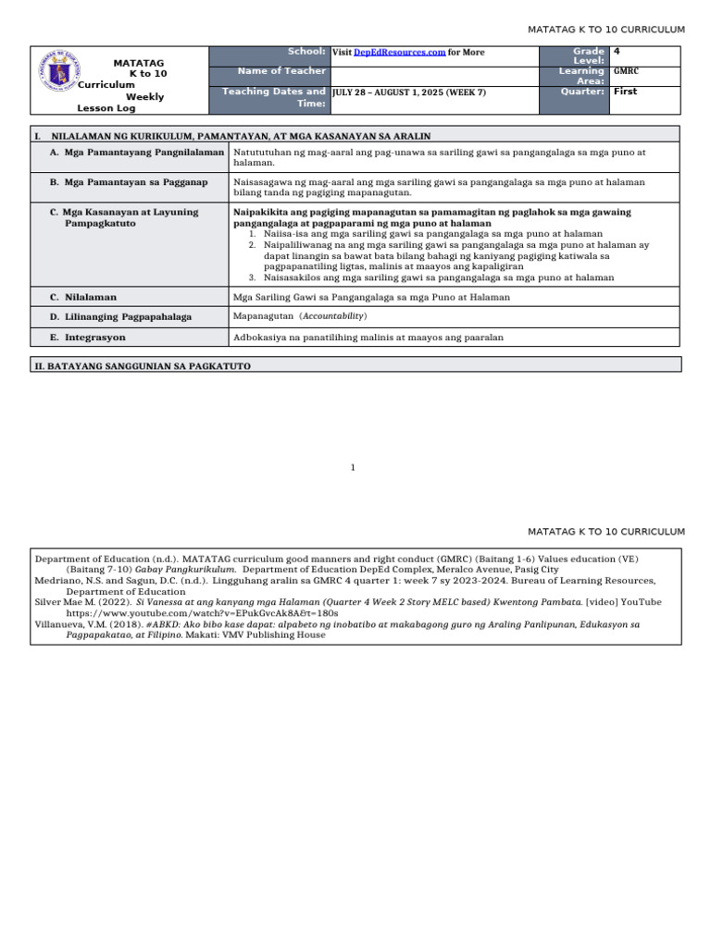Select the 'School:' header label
pyautogui.click(x=306, y=52)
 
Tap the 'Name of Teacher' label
pyautogui.click(x=281, y=71)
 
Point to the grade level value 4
pyautogui.click(x=617, y=52)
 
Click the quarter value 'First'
pyautogui.click(x=626, y=92)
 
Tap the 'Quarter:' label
pyautogui.click(x=582, y=92)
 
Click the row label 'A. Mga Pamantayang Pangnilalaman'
pyautogui.click(x=136, y=152)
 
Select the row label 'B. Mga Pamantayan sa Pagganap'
pyautogui.click(x=129, y=182)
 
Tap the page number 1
pyautogui.click(x=353, y=468)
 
